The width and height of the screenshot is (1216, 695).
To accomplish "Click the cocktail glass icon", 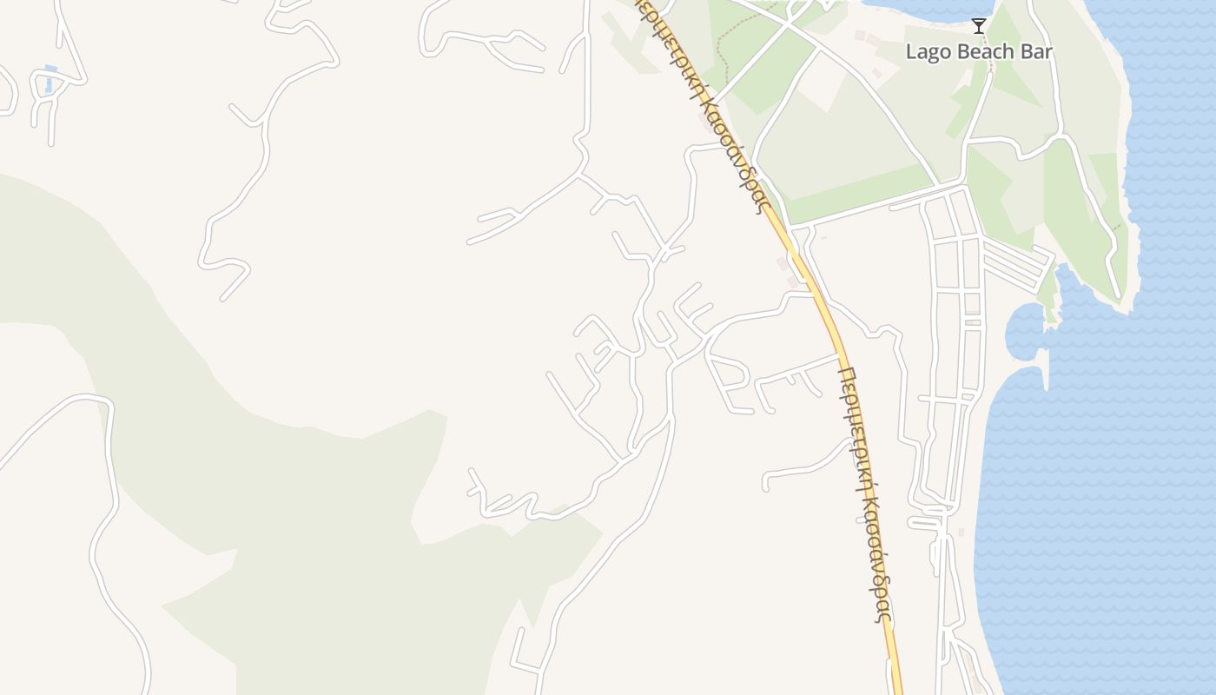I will pyautogui.click(x=979, y=26).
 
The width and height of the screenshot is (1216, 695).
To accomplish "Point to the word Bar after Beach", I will pyautogui.click(x=1037, y=52).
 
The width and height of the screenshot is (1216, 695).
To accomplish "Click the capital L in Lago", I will pyautogui.click(x=911, y=52).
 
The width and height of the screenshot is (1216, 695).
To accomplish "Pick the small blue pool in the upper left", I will pyautogui.click(x=50, y=79).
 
